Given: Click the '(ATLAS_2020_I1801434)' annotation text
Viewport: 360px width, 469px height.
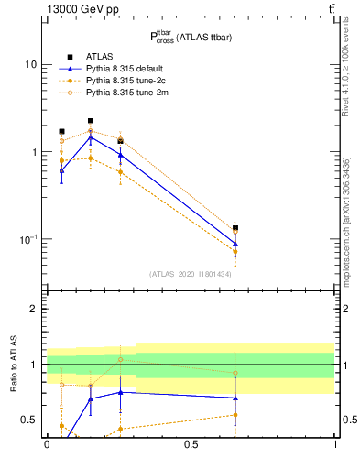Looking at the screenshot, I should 190,274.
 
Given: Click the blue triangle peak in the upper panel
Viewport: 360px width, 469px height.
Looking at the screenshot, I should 91,136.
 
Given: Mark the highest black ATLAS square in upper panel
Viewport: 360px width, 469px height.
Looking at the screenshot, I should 91,120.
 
